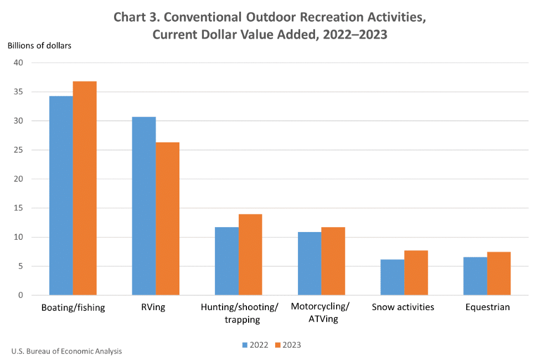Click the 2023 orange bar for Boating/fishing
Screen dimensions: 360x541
(85, 188)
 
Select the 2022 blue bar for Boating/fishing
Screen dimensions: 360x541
(61, 196)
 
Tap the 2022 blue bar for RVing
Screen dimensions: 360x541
(143, 206)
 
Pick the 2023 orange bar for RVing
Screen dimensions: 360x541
(167, 219)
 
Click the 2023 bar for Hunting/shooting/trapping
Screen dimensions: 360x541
(250, 255)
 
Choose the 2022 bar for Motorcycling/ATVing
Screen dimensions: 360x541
(310, 264)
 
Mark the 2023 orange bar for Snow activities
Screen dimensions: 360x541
(416, 273)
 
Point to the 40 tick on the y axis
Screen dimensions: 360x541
(19, 63)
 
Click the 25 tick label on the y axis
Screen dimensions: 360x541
(19, 150)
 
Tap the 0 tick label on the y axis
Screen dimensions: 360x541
(21, 295)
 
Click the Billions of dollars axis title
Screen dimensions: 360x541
(39, 45)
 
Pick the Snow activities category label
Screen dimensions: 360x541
(403, 307)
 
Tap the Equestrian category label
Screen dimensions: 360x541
(487, 307)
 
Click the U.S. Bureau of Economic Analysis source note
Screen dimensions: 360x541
(66, 351)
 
